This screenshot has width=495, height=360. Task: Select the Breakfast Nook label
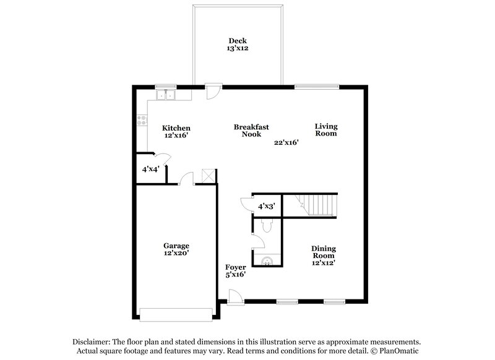[x=251, y=131]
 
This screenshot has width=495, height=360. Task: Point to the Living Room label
[x=325, y=130]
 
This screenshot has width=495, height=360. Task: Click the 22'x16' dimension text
[x=287, y=142]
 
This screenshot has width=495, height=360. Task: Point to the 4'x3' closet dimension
[x=267, y=205]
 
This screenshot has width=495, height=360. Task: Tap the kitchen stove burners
[x=142, y=121]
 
